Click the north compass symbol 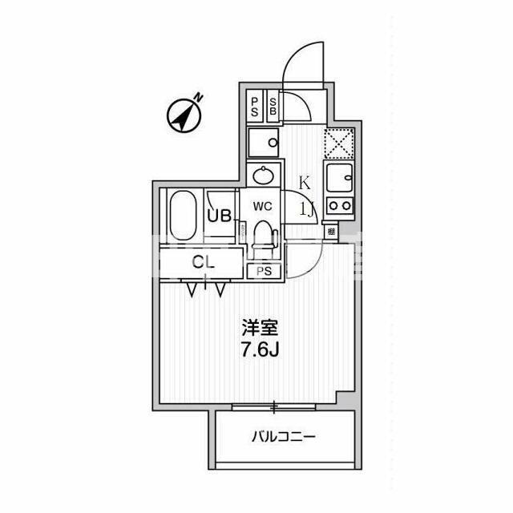pos(185,115)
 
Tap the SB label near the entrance pos(273,107)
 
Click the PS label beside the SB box pos(255,107)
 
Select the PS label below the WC pos(264,271)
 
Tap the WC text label pos(263,206)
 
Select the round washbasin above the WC pos(263,175)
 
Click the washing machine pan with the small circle pos(263,144)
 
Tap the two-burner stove pos(338,205)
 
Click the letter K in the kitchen pos(305,182)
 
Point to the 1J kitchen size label pos(307,210)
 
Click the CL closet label pos(204,261)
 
